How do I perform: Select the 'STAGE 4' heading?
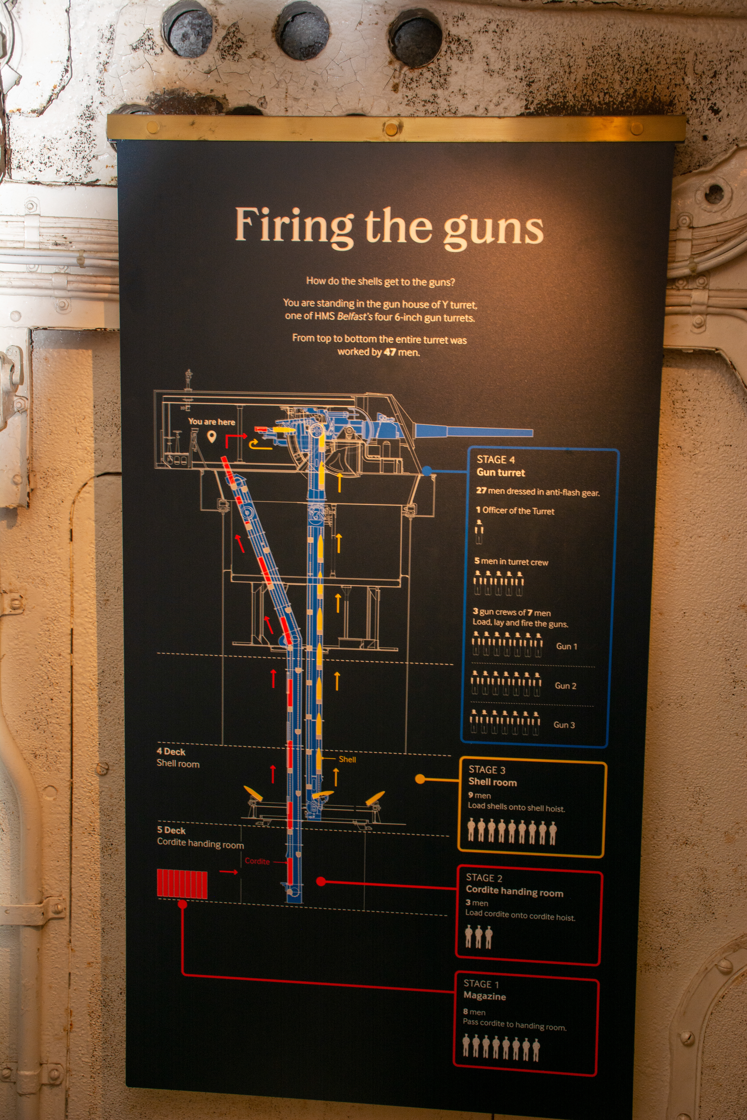(495, 459)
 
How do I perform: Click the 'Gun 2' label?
(566, 686)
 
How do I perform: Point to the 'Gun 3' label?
(564, 725)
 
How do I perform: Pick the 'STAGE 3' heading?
(487, 770)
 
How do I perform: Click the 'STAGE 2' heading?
(484, 878)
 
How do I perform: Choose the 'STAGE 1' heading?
(481, 984)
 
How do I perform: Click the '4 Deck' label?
(171, 751)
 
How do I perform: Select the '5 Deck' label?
(171, 830)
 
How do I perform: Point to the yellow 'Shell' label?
(347, 759)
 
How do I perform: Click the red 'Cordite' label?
(257, 861)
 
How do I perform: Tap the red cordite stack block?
(182, 884)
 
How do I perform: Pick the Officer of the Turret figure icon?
(479, 531)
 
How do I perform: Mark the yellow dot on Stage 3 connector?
(420, 779)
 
